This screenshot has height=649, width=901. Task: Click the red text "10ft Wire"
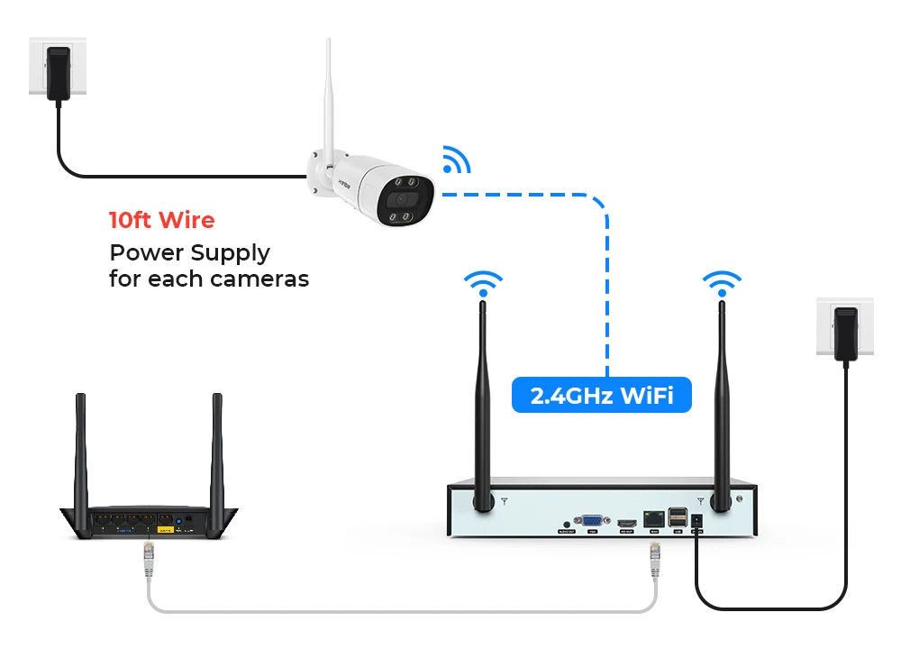click(161, 220)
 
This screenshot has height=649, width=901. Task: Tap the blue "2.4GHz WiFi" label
click(601, 395)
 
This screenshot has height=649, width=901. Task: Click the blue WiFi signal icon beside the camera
click(455, 160)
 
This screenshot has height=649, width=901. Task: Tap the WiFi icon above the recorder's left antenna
click(484, 282)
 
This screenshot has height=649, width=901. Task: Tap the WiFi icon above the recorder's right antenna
click(722, 282)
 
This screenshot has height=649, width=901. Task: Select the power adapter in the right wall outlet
click(845, 332)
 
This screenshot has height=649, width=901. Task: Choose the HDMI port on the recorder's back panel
click(626, 522)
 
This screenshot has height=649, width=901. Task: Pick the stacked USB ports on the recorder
click(677, 518)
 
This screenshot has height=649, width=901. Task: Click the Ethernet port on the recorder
click(652, 519)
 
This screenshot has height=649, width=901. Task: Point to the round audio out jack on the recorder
click(566, 522)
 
